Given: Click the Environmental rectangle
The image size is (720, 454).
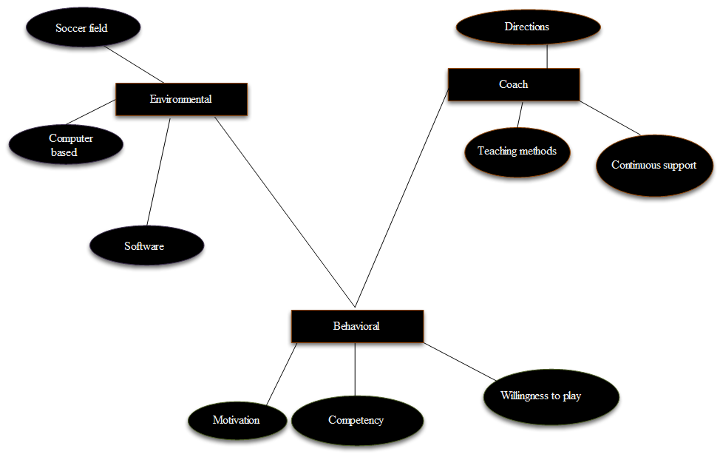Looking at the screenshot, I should point(181,99).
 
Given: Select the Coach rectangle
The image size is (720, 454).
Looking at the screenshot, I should point(514,84).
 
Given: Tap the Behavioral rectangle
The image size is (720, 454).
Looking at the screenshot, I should point(357,326).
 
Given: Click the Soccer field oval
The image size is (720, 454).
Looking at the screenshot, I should point(83,29).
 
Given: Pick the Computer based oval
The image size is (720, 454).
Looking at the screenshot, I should point(64,143).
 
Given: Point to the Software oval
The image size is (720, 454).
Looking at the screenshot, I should point(146,245).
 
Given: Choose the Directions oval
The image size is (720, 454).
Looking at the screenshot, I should point(527,27).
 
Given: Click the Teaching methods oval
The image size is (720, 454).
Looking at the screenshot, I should point(517,151).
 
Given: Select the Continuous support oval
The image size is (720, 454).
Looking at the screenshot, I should point(653,165).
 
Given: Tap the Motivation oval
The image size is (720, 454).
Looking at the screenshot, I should point(237,420).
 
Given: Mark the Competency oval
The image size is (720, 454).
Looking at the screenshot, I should point(356,420).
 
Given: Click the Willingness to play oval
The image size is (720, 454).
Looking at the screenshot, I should point(550,396).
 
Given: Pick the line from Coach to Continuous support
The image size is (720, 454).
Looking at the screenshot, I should point(610,118).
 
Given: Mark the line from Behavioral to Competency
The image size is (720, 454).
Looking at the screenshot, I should point(356,370).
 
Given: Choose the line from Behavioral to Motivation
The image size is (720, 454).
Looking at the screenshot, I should point(282,374).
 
